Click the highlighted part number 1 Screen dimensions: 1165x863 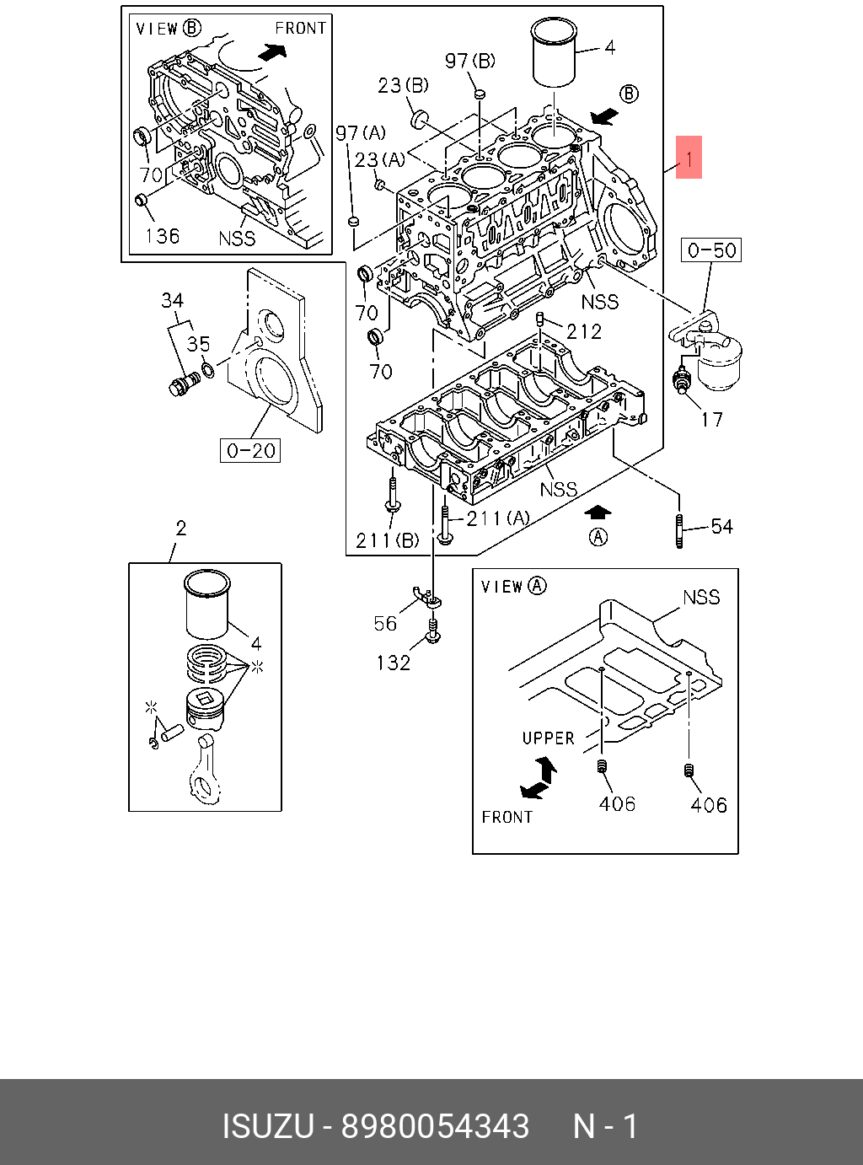689,158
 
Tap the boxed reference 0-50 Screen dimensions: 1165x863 711,250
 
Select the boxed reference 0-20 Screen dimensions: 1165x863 251,451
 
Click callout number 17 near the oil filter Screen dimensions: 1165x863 712,419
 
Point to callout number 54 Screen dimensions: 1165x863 722,527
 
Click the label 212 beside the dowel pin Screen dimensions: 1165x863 584,331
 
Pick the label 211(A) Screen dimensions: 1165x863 498,518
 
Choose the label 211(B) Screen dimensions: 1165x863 387,540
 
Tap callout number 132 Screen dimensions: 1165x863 393,663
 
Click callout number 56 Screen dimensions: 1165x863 385,623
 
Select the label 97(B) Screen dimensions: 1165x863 470,61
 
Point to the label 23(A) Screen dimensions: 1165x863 379,158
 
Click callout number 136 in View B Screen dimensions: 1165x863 163,236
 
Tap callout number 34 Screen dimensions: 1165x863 173,301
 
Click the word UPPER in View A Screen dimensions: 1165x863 548,738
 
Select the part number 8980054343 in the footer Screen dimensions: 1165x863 435,1126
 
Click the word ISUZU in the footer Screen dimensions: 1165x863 267,1126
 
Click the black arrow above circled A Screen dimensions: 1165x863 598,512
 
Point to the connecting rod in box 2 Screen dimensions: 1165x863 206,767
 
